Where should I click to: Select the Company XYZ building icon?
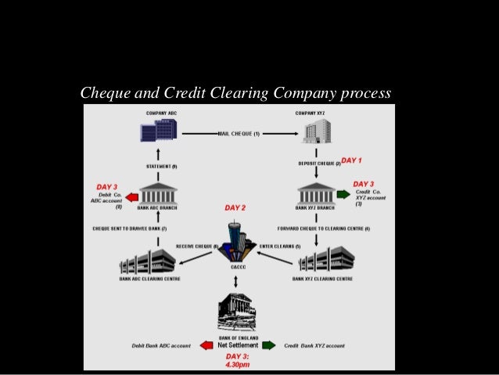[x=317, y=130]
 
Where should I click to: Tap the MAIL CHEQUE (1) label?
[x=239, y=134]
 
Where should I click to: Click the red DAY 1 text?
[x=352, y=160]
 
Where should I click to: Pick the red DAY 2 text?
[x=235, y=208]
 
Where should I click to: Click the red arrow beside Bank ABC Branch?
[x=131, y=197]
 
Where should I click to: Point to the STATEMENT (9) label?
[x=162, y=167]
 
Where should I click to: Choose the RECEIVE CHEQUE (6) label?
[x=197, y=246]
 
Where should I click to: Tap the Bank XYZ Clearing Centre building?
[x=326, y=259]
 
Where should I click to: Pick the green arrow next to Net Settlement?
[x=268, y=345]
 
